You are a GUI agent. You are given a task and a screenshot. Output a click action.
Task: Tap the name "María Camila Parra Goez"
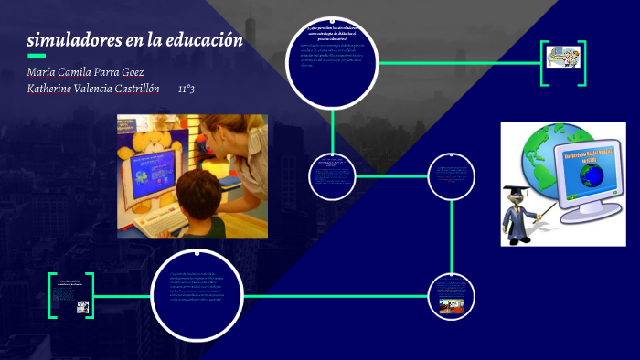coord(85,72)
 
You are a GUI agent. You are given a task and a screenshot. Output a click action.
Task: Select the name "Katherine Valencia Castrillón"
coord(93,90)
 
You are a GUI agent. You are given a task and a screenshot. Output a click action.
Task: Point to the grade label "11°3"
coord(186,90)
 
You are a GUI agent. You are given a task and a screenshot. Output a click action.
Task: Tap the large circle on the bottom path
coord(194,294)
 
